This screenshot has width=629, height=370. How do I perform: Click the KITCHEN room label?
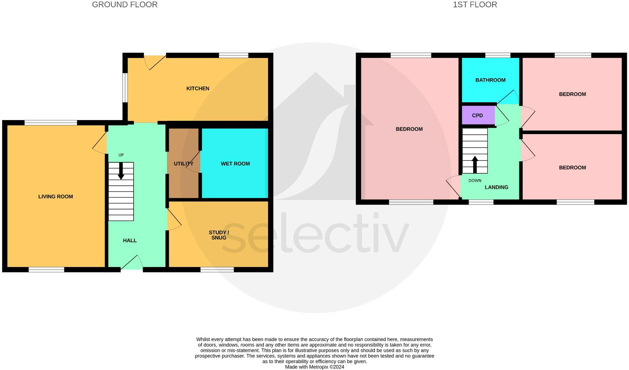(x=198, y=89)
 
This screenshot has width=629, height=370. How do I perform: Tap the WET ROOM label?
(x=235, y=164)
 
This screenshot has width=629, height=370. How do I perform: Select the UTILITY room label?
(x=183, y=164)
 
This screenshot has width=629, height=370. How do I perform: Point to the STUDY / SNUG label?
(x=219, y=235)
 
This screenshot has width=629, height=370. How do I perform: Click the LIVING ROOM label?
(x=56, y=197)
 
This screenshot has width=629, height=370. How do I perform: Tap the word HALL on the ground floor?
(x=130, y=240)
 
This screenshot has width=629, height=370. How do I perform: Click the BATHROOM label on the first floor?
(x=490, y=80)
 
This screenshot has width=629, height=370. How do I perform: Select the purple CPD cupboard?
(x=478, y=116)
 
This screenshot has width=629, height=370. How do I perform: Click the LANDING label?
(x=496, y=187)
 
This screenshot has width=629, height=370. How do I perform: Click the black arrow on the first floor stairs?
(x=475, y=164)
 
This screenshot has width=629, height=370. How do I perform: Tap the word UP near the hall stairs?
(x=121, y=155)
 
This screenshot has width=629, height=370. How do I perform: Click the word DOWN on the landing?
(x=475, y=181)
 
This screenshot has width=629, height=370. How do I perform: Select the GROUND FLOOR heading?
(x=125, y=5)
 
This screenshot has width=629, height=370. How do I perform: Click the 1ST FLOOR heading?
(x=475, y=5)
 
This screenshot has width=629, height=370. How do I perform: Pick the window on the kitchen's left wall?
(x=125, y=88)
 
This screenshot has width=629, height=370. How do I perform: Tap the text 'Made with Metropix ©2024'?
(x=314, y=367)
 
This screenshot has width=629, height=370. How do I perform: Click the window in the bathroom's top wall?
(x=498, y=55)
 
